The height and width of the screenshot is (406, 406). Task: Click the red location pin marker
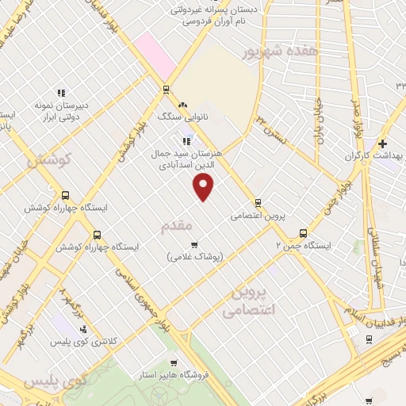pos(204,186)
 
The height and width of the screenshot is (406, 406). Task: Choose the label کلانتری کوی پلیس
pos(112,340)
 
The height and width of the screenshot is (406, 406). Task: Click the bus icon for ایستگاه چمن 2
pos(303,233)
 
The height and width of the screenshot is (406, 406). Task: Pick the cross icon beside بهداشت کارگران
pos(382,144)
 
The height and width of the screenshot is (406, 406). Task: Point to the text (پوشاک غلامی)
pos(195,257)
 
